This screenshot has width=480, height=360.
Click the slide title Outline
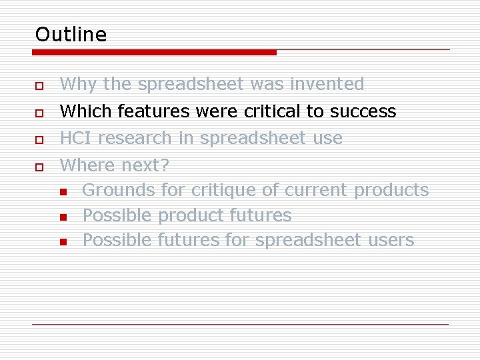[x=71, y=34]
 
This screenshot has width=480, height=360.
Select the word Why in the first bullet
[x=78, y=85]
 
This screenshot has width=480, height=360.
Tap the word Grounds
[x=119, y=191]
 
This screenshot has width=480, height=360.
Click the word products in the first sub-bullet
[x=391, y=191]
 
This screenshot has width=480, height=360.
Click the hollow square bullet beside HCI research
[x=40, y=140]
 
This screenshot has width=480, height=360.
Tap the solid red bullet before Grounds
[x=63, y=192]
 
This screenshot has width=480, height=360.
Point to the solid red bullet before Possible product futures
[x=63, y=217]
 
